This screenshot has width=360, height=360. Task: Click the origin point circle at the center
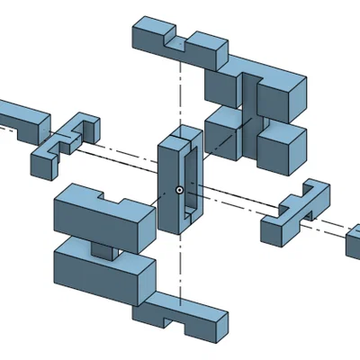coord(180,190)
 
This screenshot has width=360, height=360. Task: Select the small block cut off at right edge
coord(353,241)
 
